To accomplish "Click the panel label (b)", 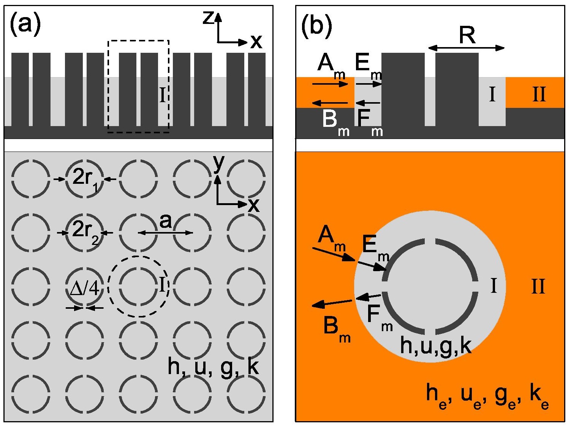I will pyautogui.click(x=316, y=27).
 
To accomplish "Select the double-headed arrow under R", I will pyautogui.click(x=467, y=48).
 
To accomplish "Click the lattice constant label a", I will pyautogui.click(x=165, y=221).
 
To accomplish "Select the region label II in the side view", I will pyautogui.click(x=539, y=94).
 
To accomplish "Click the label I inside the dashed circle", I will pyautogui.click(x=162, y=284).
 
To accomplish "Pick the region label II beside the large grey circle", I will pyautogui.click(x=538, y=286).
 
